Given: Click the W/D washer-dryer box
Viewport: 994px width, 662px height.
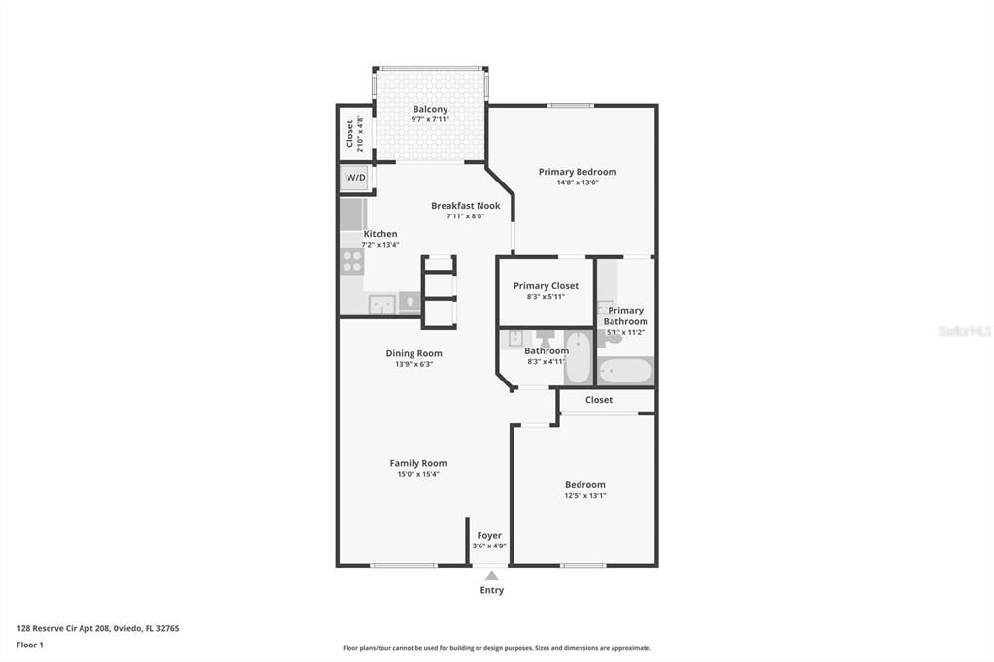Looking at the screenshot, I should coord(355,179).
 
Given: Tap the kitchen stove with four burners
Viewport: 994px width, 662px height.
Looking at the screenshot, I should coord(351,260).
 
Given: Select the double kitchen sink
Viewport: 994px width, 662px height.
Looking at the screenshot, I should coord(381,304).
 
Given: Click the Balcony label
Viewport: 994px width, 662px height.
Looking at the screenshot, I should coord(430,109).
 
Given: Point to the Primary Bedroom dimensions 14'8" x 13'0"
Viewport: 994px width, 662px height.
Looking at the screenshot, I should coord(578,182).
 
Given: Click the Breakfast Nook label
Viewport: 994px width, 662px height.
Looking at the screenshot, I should coord(466,206).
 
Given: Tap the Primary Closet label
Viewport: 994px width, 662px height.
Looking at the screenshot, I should coord(546,286).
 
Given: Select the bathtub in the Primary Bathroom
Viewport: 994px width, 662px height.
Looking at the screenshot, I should coord(626,371).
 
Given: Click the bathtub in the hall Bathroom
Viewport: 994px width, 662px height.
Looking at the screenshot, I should coord(579,357).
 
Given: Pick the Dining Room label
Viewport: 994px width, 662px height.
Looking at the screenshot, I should coord(414,353).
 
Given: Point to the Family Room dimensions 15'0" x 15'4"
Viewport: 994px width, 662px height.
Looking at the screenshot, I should coord(418,474).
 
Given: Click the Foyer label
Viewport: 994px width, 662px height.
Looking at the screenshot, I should coord(489,535).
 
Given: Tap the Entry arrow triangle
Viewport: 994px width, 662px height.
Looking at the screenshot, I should coord(492,576).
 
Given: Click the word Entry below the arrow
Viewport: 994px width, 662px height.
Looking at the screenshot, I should coord(492,590).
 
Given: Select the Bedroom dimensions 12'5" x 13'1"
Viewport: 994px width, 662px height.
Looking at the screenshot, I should coord(585,495).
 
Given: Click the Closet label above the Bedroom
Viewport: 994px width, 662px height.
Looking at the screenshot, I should coord(599,400).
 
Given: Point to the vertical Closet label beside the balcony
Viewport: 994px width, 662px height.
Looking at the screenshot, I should coord(350,134).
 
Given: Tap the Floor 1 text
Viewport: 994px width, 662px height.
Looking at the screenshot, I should coord(30,645).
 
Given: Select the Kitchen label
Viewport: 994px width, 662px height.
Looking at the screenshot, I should coord(381,234).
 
